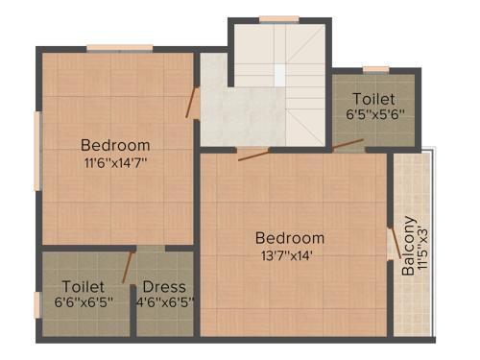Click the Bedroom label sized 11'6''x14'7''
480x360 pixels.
(x=114, y=145)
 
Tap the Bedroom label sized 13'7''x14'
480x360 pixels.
(x=289, y=237)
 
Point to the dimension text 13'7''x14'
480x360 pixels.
(x=289, y=254)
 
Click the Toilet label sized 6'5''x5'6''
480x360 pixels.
(x=372, y=99)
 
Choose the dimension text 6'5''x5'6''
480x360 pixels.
(x=372, y=113)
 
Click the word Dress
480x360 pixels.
(x=163, y=286)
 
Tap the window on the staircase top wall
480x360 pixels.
(x=278, y=18)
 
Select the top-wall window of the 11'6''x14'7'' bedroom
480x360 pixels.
(x=119, y=47)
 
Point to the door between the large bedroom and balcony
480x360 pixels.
(x=391, y=243)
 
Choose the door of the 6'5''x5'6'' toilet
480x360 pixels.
(x=348, y=145)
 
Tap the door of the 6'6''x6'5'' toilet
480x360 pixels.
(x=127, y=268)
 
